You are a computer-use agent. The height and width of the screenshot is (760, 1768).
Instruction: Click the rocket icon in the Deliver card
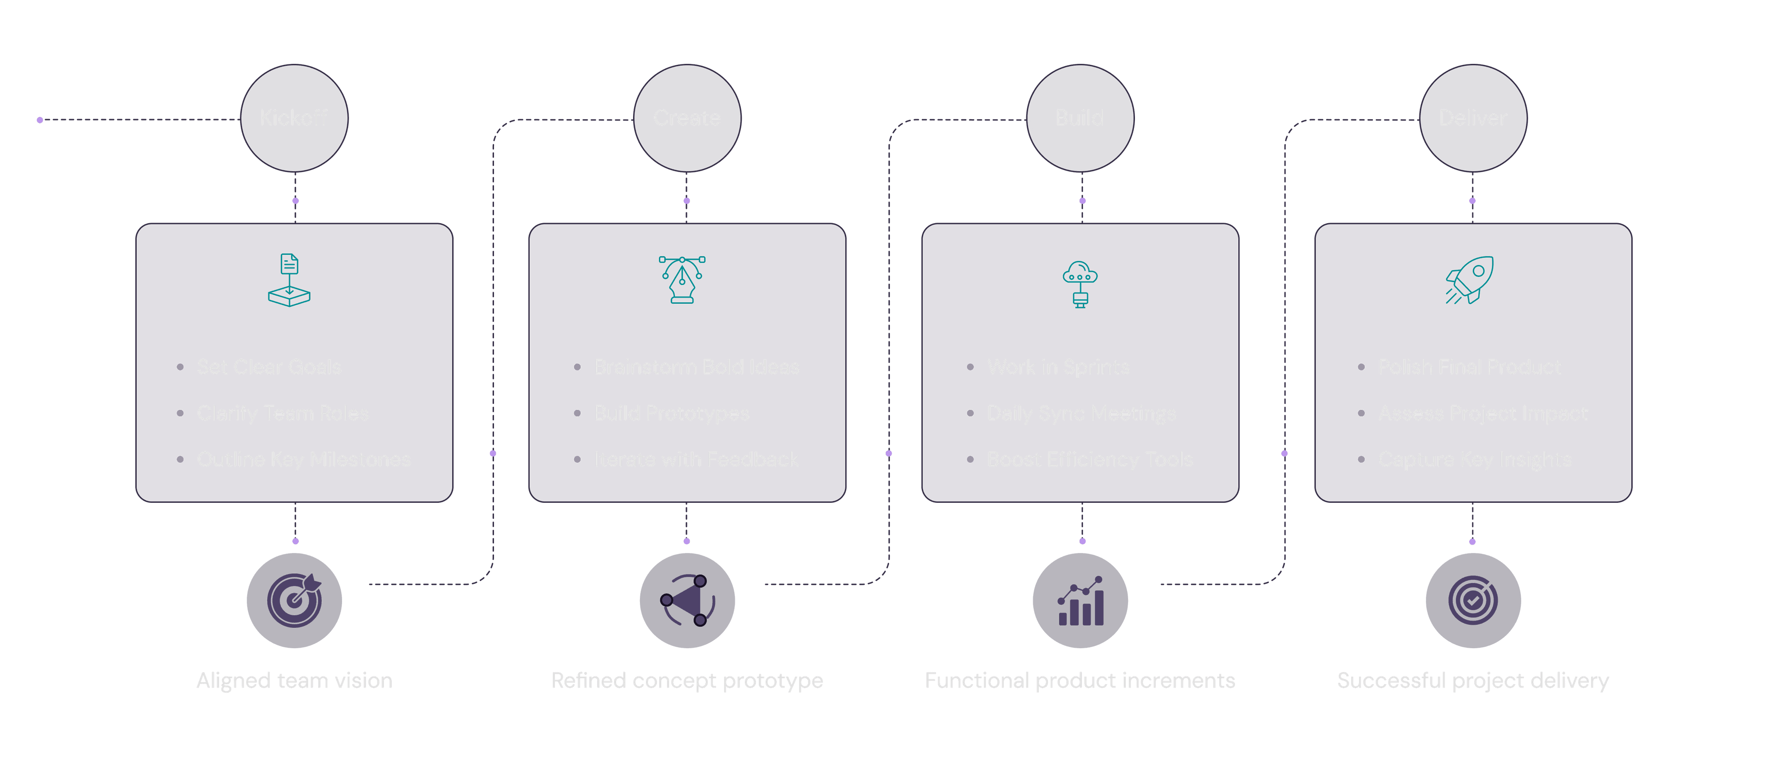pyautogui.click(x=1470, y=280)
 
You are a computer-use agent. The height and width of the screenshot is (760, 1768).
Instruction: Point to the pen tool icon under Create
pyautogui.click(x=682, y=280)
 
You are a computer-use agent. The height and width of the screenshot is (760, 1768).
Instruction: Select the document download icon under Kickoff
pyautogui.click(x=289, y=280)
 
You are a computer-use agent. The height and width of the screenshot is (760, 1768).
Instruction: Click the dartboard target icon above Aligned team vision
pyautogui.click(x=295, y=600)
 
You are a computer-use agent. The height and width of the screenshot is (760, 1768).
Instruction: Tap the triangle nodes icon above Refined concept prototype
pyautogui.click(x=687, y=601)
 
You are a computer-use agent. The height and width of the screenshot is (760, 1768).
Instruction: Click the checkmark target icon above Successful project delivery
pyautogui.click(x=1473, y=601)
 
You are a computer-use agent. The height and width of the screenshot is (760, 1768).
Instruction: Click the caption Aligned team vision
pyautogui.click(x=295, y=680)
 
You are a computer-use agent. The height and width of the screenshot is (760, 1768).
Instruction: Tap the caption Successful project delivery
pyautogui.click(x=1473, y=680)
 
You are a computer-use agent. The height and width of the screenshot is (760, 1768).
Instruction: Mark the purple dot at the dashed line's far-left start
pyautogui.click(x=40, y=120)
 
